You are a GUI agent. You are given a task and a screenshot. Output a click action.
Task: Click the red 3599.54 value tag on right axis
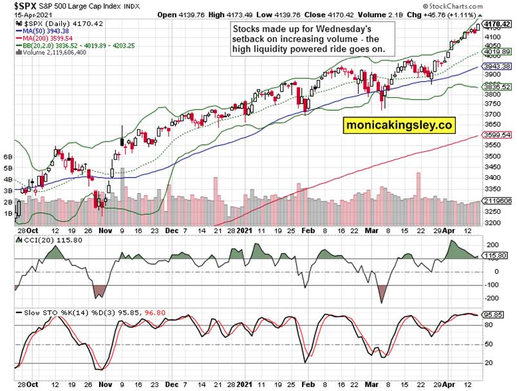point(497,135)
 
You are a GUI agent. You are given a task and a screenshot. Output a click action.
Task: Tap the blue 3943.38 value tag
point(497,66)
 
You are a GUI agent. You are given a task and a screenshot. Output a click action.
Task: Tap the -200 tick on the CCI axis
point(493,298)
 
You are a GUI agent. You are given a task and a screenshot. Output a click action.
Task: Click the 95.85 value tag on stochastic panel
point(496,315)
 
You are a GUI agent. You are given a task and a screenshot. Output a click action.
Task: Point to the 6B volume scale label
point(8,157)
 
